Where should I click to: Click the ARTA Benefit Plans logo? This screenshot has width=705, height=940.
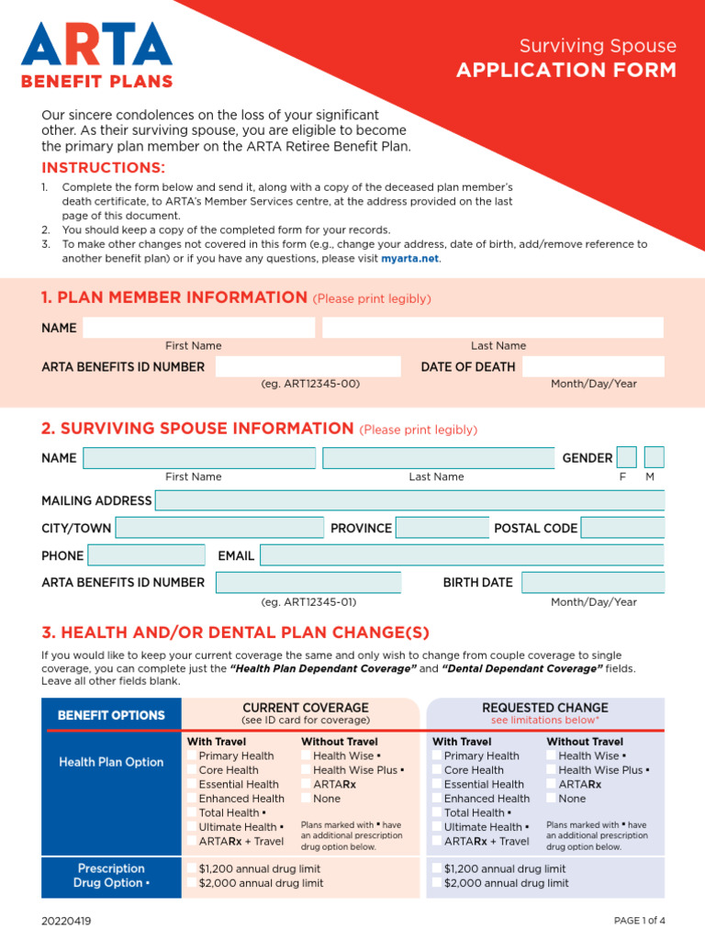pos(97,55)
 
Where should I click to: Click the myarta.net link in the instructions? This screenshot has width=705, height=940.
pos(410,259)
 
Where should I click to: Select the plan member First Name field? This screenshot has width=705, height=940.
pos(198,328)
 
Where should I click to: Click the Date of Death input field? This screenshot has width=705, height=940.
pos(592,367)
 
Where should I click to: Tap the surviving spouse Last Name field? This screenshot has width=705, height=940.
pos(437,458)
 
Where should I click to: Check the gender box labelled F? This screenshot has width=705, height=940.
pos(626,457)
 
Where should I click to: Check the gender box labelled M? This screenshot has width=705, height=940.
pos(653,457)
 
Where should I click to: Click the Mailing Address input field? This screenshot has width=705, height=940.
pos(409,501)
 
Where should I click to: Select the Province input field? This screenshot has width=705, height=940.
pos(442,528)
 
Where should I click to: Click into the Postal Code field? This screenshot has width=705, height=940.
pos(622,528)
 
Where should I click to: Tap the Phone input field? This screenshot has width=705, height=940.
pos(146,555)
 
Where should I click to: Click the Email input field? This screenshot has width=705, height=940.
pos(461,555)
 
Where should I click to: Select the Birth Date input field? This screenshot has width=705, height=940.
pos(592,582)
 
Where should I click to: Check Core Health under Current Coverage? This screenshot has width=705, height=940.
pos(193,770)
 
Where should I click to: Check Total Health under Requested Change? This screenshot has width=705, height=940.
pos(438,812)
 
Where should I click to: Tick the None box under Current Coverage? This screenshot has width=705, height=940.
pos(307,799)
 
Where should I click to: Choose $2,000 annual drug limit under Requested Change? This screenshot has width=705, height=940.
pos(438,883)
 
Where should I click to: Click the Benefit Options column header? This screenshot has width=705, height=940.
pos(111,715)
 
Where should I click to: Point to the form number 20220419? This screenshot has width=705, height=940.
pos(66,921)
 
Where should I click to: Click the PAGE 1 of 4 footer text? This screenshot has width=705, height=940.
pos(639,921)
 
